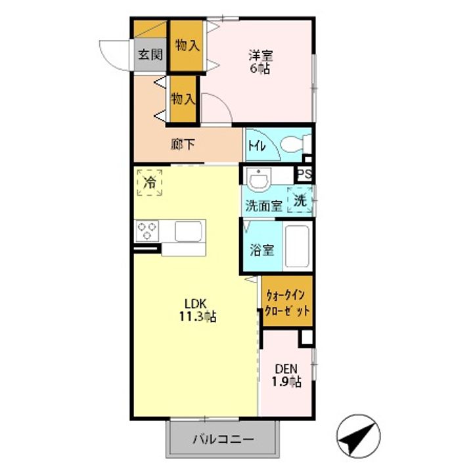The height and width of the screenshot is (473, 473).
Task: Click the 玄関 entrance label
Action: tap(150, 55)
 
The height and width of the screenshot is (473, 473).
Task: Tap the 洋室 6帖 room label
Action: tap(260, 60)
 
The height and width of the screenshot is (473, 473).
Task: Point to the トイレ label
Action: tap(256, 146)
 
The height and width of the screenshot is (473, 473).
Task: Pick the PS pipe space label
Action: tap(303, 175)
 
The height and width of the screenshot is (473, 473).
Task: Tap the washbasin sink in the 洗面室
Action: tap(261, 178)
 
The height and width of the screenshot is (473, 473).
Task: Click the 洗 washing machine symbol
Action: tap(300, 200)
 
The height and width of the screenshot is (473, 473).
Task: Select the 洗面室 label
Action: tap(263, 205)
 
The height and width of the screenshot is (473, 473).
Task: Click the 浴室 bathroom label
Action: tap(262, 250)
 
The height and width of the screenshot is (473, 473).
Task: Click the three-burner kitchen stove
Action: tap(146, 230)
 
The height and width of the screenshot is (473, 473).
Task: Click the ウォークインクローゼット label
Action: tap(287, 303)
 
